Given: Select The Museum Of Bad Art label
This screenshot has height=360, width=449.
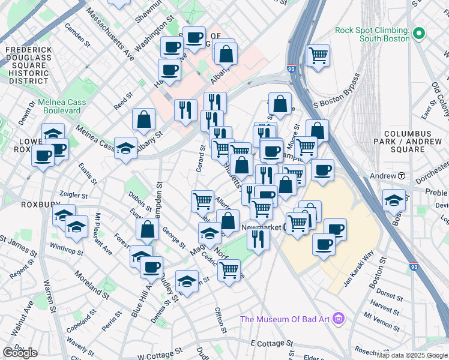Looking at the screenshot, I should [286, 319].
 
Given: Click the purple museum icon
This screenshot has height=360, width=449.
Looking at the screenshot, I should [339, 317].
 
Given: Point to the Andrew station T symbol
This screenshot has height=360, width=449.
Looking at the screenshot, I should [402, 176].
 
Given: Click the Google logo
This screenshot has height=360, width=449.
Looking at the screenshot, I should [20, 353].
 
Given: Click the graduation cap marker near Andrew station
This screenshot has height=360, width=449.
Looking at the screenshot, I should [394, 199].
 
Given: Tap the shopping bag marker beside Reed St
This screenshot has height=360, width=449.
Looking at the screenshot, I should [144, 119].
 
